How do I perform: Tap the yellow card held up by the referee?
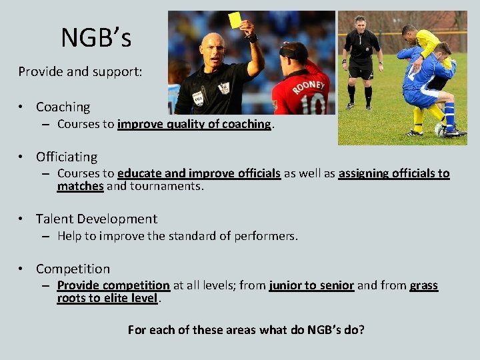[234, 20]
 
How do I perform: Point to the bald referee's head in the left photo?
[213, 47]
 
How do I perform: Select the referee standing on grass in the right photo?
[361, 60]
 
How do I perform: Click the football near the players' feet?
[441, 129]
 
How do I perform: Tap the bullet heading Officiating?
[66, 157]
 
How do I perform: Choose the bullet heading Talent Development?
[96, 219]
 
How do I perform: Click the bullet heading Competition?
[73, 269]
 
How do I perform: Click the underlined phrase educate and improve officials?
[199, 173]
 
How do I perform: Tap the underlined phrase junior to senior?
[311, 285]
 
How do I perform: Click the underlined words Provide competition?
[113, 285]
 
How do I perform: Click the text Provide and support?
[80, 71]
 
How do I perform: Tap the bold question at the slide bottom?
[246, 329]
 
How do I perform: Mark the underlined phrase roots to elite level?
[107, 298]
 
